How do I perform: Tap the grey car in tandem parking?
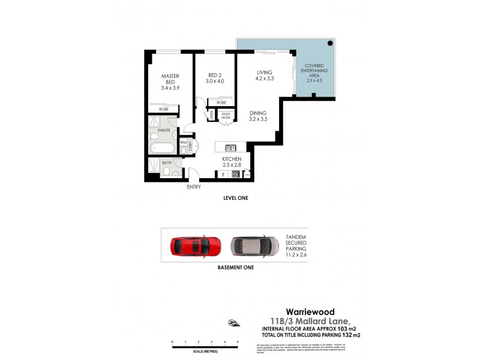point(254,245)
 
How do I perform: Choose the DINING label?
point(258,116)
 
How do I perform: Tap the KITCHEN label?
point(232,161)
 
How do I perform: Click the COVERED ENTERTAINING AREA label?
point(314,73)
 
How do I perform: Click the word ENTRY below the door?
point(193,187)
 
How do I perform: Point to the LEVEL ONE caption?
point(235,197)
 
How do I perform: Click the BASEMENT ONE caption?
point(235,268)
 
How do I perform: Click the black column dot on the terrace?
point(331,44)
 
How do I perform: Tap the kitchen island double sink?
point(231,148)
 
